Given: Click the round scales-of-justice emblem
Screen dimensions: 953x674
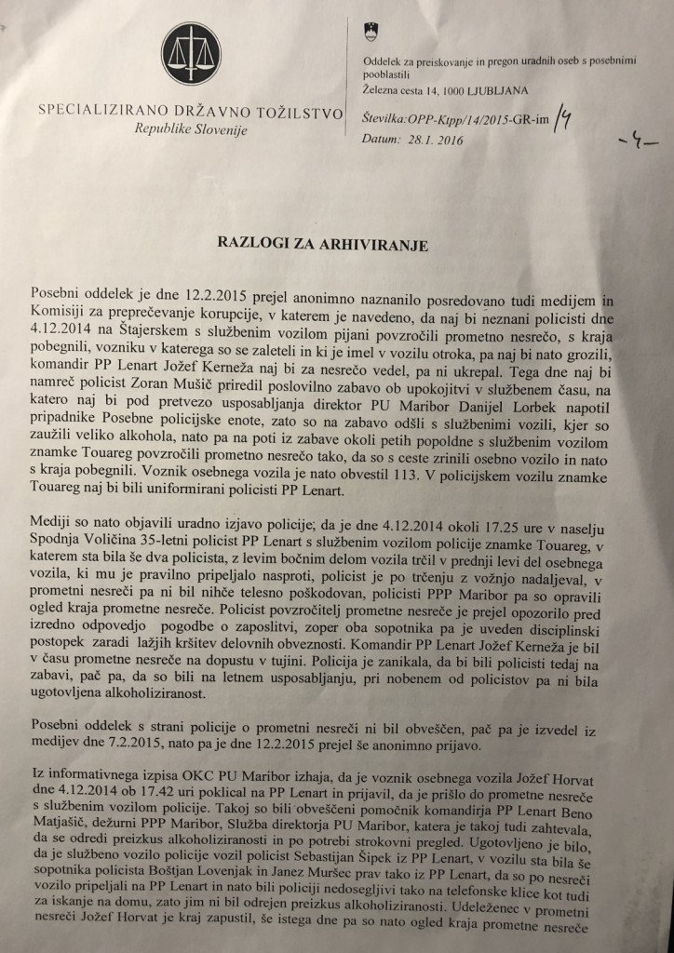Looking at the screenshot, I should (x=191, y=55).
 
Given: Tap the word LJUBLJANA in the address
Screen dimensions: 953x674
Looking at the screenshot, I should (x=495, y=91).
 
